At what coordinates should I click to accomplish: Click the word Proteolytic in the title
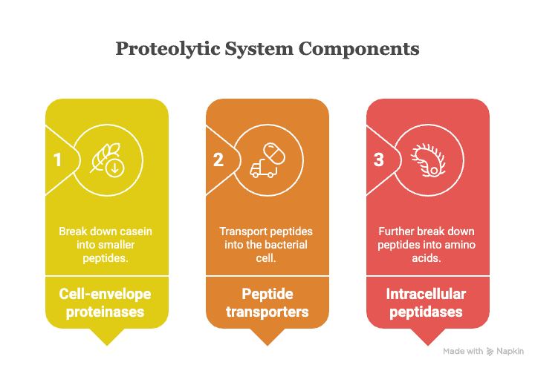[168, 49]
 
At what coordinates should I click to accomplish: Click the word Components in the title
[359, 49]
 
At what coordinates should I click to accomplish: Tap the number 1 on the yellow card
[57, 160]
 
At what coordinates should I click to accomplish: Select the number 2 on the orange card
[218, 160]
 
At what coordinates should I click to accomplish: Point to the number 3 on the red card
[379, 160]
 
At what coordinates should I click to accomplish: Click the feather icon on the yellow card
[103, 157]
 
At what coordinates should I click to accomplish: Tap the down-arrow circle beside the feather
[115, 168]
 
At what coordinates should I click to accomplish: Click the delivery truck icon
[263, 168]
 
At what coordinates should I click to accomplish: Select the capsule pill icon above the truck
[274, 154]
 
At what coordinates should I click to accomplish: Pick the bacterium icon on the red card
[429, 160]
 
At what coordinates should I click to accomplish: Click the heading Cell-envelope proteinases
[105, 303]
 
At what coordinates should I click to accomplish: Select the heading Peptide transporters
[267, 303]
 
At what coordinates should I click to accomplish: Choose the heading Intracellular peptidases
[427, 303]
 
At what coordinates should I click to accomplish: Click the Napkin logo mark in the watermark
[490, 352]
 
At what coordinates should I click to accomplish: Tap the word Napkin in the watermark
[510, 351]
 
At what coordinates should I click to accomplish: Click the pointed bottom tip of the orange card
[267, 345]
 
